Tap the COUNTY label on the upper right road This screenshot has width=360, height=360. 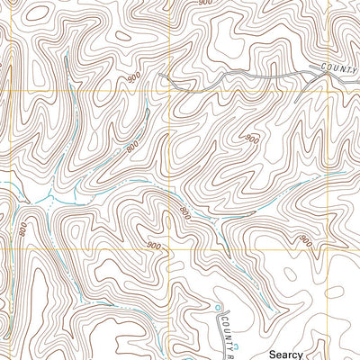[339, 69]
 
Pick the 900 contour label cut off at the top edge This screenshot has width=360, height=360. [206, 4]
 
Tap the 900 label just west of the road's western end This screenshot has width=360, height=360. [135, 80]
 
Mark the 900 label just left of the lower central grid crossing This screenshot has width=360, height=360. [152, 246]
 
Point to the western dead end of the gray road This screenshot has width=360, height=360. [160, 76]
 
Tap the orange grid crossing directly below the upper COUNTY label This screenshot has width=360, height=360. [329, 91]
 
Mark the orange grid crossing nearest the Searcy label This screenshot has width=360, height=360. [329, 250]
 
